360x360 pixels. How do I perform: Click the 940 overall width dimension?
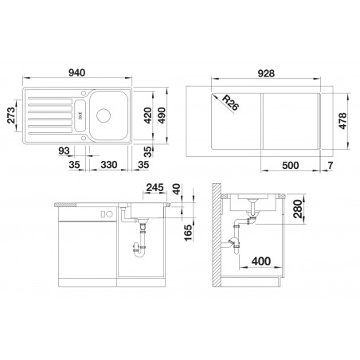tap(77, 72)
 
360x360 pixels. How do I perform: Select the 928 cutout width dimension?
tap(266, 73)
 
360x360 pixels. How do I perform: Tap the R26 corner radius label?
tap(230, 103)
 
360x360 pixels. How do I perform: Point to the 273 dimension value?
tap(11, 115)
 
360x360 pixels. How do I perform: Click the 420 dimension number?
tap(147, 115)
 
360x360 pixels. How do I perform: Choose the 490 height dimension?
tap(162, 115)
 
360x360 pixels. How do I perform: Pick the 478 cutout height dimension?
tap(342, 121)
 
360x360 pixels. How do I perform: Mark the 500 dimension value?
tap(290, 166)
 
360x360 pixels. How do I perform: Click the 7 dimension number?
tap(331, 166)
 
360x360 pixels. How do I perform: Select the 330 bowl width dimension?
tap(109, 165)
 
